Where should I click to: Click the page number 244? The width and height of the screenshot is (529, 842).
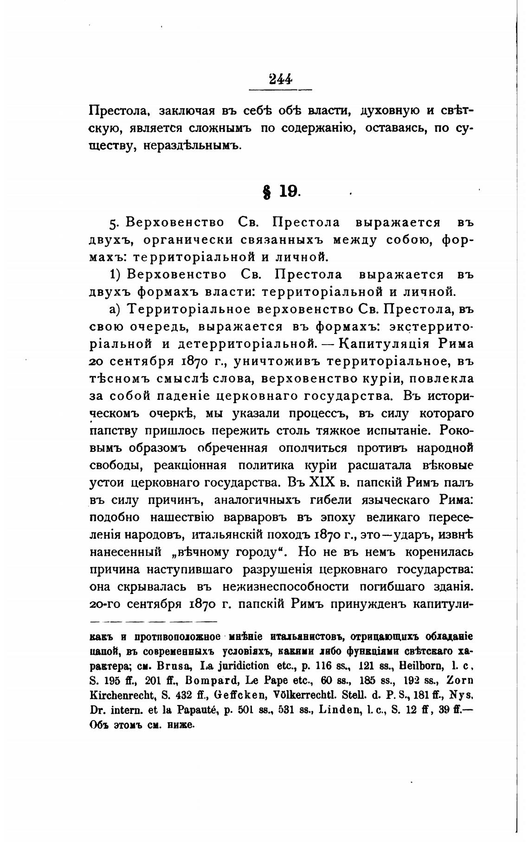click(x=280, y=79)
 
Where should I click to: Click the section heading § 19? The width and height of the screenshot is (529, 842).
click(x=281, y=191)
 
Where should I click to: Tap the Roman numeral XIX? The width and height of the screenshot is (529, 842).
click(x=322, y=483)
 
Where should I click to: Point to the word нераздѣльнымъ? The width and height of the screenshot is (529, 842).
click(x=192, y=146)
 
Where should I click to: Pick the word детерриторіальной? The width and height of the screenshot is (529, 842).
click(x=245, y=344)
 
